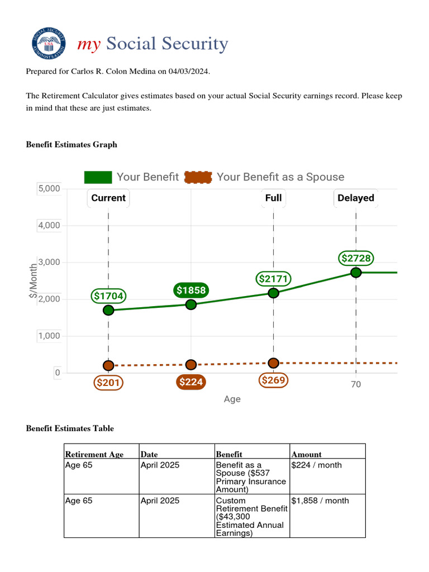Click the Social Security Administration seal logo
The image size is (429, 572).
point(47,44)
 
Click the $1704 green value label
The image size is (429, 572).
point(108,295)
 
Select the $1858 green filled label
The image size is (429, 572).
point(191,290)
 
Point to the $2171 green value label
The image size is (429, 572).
point(274,278)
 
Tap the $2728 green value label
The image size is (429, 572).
point(356,258)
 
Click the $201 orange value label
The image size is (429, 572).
point(108,383)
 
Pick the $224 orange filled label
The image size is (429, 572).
point(191,382)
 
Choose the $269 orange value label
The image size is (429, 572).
point(274,380)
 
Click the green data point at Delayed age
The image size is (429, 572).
point(356,273)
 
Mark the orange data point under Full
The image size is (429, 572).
point(273,363)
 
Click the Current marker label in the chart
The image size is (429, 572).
point(108,198)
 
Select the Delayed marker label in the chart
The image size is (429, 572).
point(356,198)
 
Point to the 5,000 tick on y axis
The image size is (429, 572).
point(49,189)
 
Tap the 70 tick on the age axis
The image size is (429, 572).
point(356,384)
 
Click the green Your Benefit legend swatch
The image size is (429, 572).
point(98,177)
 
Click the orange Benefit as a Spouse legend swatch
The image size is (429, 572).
point(198,177)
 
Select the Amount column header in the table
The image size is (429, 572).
point(306,455)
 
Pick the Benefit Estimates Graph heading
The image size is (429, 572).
point(71,145)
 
